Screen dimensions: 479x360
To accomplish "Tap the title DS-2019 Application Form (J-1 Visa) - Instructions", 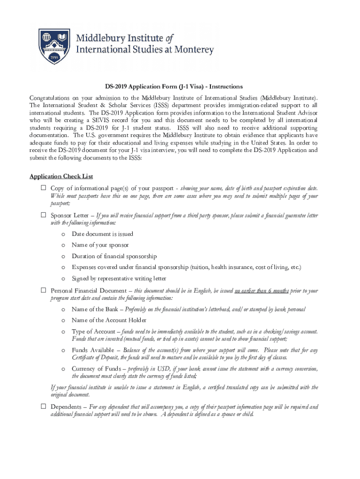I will [x=173, y=87].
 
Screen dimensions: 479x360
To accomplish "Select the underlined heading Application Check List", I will [x=61, y=176].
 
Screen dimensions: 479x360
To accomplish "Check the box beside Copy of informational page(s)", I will [x=43, y=188].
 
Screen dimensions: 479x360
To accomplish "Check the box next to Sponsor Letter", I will [x=43, y=215].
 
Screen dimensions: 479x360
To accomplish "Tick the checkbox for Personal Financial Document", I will [x=43, y=290].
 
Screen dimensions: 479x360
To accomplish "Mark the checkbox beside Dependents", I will [x=43, y=407].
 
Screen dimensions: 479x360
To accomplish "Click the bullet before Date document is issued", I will [x=63, y=234].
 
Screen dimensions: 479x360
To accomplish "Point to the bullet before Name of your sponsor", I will [x=63, y=245].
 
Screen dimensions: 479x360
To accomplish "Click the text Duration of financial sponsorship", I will [x=114, y=256].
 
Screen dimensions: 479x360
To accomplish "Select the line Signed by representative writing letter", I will [x=119, y=278].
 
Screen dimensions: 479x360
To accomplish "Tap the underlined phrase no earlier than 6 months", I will [x=261, y=290].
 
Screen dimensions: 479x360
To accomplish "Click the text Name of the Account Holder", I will [x=109, y=320].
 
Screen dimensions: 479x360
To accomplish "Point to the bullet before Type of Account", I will [x=63, y=332].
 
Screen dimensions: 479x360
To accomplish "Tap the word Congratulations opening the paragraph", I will [x=49, y=98].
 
